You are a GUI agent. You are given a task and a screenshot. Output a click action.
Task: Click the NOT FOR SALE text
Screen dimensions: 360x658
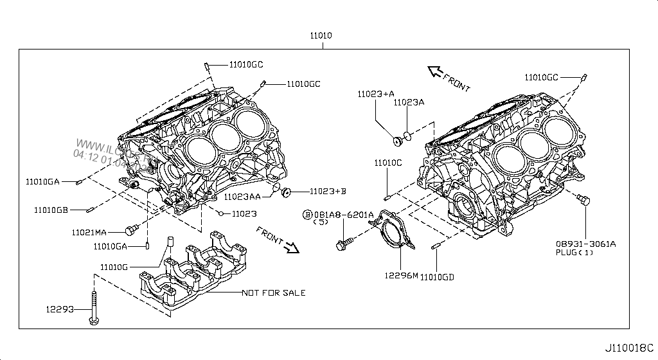[273, 293]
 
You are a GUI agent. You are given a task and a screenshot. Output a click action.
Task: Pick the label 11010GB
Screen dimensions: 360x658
[51, 210]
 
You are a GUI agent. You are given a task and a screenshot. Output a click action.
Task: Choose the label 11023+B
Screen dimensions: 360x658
[328, 191]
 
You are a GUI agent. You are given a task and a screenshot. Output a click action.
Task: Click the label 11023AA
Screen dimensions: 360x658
[242, 196]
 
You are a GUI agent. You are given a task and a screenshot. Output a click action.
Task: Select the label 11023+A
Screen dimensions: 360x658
[376, 94]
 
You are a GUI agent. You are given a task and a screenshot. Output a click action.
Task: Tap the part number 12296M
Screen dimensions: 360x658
[401, 275]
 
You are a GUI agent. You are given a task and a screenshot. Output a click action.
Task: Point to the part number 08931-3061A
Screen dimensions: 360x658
[586, 244]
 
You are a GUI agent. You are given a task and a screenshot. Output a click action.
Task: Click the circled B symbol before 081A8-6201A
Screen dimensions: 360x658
[308, 214]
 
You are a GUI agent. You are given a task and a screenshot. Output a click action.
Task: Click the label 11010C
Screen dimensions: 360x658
[388, 163]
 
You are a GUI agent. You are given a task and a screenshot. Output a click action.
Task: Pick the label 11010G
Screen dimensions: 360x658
[114, 266]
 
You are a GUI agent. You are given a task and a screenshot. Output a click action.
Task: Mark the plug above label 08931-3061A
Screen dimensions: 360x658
[582, 201]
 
